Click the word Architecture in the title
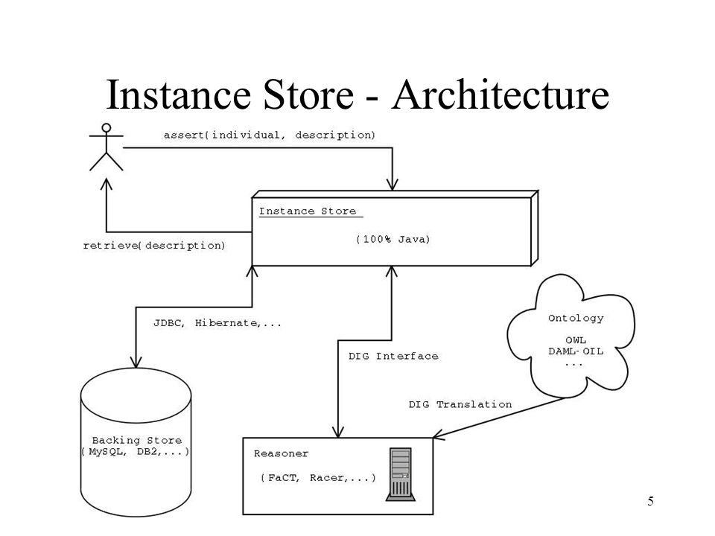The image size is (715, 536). (x=500, y=95)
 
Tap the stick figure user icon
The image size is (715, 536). (x=107, y=147)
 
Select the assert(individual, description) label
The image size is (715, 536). (x=270, y=135)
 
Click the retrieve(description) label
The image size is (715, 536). (x=154, y=246)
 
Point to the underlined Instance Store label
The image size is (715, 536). (x=308, y=211)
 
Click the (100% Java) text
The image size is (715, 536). (x=393, y=239)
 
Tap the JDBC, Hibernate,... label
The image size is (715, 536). (x=217, y=323)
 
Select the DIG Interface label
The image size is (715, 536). (x=393, y=356)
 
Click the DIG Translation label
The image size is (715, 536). (x=460, y=404)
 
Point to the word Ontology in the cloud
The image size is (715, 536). (x=576, y=318)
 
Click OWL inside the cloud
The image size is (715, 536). (x=576, y=340)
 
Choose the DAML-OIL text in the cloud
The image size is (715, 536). (x=576, y=351)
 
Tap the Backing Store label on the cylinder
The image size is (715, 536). (x=137, y=440)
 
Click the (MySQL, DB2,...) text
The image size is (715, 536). (x=136, y=452)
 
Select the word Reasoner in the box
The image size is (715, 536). (x=281, y=453)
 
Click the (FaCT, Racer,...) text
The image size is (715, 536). (x=318, y=478)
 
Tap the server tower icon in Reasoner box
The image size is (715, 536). (x=401, y=474)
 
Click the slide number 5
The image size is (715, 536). (x=650, y=501)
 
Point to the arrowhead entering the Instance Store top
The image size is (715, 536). (x=393, y=185)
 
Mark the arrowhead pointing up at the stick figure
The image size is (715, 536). (x=107, y=184)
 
